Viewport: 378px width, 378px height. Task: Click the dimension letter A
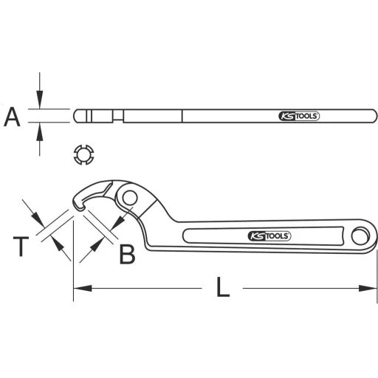pyautogui.click(x=13, y=116)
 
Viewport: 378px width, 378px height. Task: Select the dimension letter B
pyautogui.click(x=127, y=254)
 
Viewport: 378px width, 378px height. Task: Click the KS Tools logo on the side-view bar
pyautogui.click(x=299, y=116)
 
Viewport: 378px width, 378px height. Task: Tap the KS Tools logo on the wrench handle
pyautogui.click(x=268, y=236)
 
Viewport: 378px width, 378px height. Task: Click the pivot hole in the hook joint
pyautogui.click(x=131, y=198)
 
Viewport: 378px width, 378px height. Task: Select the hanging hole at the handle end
pyautogui.click(x=361, y=236)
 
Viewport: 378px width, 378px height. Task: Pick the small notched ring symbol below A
pyautogui.click(x=83, y=155)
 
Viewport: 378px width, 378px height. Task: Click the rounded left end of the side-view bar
pyautogui.click(x=77, y=116)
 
